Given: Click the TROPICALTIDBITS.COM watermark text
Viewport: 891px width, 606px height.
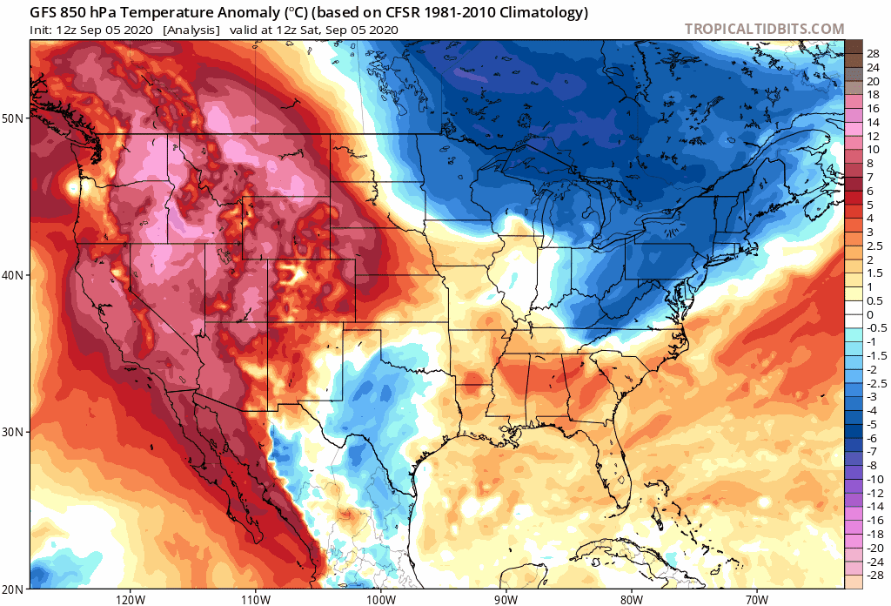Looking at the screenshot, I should point(764,29).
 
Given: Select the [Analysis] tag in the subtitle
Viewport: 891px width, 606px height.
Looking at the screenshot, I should point(191,30).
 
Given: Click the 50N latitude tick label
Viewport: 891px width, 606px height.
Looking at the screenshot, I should point(14,118).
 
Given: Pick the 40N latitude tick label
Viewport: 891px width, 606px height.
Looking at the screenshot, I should point(14,275).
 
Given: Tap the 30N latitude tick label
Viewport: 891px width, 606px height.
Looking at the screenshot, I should point(14,433).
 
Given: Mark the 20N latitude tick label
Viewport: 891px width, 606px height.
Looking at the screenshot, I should point(14,589).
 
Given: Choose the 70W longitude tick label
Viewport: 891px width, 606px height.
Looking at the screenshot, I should point(756,599).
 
